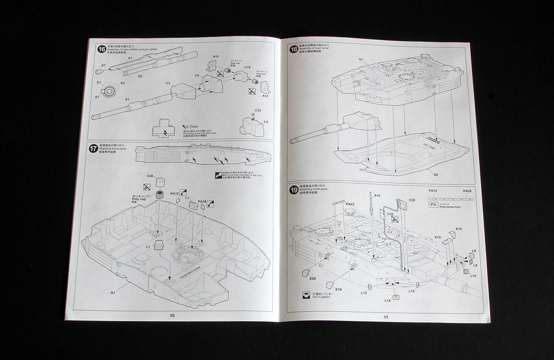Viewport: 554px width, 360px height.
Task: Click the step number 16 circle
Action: (x=102, y=49)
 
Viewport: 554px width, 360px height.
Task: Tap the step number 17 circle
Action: (x=94, y=149)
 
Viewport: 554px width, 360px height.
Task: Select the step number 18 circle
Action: (x=294, y=49)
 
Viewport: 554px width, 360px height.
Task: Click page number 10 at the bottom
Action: (x=172, y=315)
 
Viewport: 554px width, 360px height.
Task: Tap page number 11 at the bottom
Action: (x=386, y=316)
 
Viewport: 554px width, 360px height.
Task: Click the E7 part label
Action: (x=103, y=65)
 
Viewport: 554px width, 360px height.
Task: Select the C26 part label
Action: (x=150, y=176)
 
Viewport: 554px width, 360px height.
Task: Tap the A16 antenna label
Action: (x=377, y=195)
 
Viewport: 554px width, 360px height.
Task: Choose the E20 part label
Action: (x=313, y=279)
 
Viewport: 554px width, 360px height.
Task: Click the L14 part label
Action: (x=388, y=301)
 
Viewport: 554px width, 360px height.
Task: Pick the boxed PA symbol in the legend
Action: (x=433, y=205)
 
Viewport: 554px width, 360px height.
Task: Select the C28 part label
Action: (x=412, y=200)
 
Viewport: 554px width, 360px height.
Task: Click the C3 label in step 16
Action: (x=168, y=83)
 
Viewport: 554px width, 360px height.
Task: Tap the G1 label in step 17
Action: (x=113, y=293)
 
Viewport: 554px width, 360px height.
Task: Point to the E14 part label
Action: (x=459, y=229)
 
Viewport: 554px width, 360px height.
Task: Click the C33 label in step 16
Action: (x=258, y=110)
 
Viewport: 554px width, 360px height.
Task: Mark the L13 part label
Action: (x=364, y=293)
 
